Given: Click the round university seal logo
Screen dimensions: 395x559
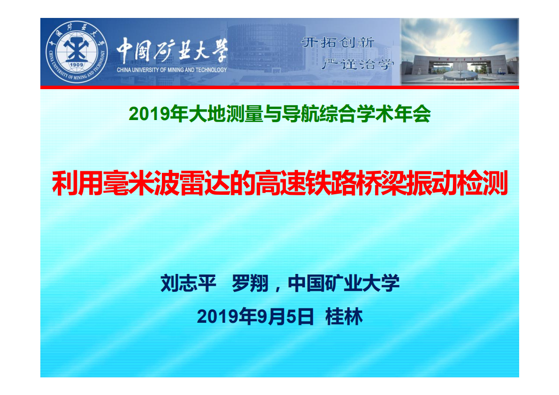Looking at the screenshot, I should coord(77,52).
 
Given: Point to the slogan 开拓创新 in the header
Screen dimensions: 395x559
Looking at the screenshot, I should coord(338,42).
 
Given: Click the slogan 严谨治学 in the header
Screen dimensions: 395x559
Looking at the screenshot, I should coord(358,64).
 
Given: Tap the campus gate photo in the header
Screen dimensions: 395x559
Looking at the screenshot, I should coord(459,52).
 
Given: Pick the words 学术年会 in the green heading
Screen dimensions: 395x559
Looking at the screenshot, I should coord(397,115).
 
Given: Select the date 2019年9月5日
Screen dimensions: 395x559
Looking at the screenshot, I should coord(255,317).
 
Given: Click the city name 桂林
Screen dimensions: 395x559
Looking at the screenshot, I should coord(344,317).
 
